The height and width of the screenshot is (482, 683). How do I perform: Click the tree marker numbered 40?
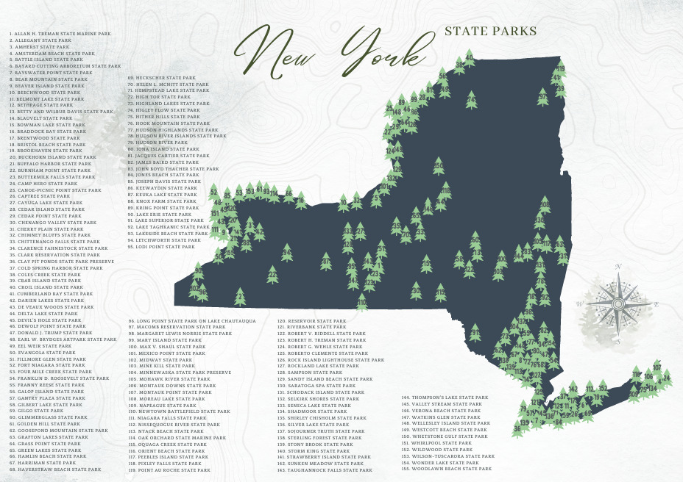tap(470, 57)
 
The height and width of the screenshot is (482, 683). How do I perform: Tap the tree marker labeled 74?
tap(471, 99)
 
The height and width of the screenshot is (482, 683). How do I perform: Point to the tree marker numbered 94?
tap(287, 253)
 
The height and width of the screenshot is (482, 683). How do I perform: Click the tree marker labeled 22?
tap(272, 276)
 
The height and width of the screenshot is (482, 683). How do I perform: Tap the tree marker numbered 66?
tap(289, 197)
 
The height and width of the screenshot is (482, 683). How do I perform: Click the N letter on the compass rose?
tap(619, 267)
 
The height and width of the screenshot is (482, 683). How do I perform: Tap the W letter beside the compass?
tap(580, 303)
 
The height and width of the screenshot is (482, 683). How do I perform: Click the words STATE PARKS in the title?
tap(490, 32)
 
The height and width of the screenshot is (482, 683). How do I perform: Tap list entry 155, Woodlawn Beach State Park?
tap(446, 469)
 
